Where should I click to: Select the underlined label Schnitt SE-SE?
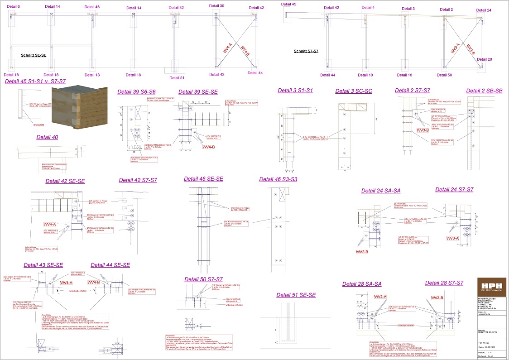pos(34,55)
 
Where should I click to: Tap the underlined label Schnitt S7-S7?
pos(306,51)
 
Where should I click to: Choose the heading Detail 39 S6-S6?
pos(136,92)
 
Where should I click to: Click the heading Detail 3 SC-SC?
pos(354,91)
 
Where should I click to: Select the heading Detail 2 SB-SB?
pos(484,91)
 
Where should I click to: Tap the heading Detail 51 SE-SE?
pos(296,295)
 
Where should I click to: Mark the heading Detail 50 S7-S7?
pos(204,279)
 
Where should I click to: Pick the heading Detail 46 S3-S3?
pos(278,179)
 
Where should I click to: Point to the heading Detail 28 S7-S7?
pos(444,283)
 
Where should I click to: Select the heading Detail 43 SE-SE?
pos(43,265)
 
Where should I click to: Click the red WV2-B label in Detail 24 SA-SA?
pos(362,251)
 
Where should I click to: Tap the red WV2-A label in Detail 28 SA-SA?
pos(380,297)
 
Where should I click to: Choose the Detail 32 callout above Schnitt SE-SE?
pos(176,8)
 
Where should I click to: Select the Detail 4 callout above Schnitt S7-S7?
pos(368,8)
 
